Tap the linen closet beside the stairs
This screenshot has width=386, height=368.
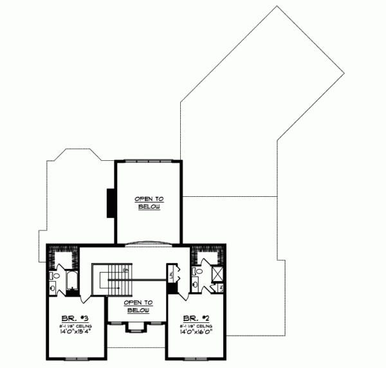[171, 273]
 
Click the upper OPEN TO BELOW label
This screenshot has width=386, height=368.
[147, 203]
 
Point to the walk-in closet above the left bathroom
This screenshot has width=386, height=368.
[63, 257]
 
